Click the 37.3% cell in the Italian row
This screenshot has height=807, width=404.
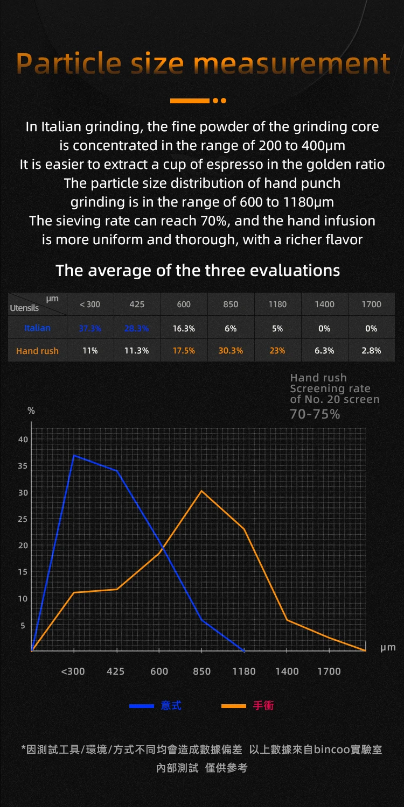click(90, 328)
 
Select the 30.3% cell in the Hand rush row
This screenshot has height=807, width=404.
click(231, 351)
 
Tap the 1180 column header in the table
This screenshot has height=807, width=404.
click(277, 305)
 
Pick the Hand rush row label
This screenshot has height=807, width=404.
click(37, 351)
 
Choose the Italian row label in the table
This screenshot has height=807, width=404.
click(37, 328)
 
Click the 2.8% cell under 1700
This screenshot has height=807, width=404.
click(371, 351)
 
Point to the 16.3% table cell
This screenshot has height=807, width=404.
click(184, 328)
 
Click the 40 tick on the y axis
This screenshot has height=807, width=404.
click(23, 440)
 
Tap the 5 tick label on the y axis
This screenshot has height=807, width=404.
click(23, 626)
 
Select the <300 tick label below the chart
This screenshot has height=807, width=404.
click(73, 671)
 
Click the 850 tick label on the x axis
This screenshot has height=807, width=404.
click(201, 671)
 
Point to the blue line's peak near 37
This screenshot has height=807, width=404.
click(74, 455)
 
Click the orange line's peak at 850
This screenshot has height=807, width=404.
click(201, 491)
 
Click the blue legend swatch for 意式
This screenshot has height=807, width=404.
click(142, 706)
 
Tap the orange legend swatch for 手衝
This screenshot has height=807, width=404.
click(234, 706)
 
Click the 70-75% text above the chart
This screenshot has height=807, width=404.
click(315, 414)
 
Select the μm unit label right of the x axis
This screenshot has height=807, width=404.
click(388, 648)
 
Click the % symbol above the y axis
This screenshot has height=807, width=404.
click(31, 411)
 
